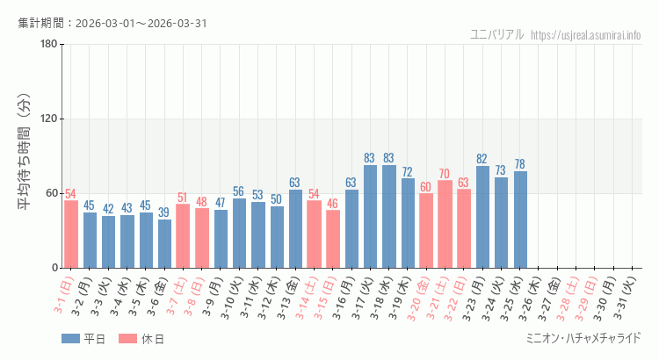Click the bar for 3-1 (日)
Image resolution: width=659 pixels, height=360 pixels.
point(71,234)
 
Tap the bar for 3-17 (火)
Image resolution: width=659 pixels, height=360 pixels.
point(370,216)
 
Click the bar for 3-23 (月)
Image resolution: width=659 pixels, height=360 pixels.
point(482,217)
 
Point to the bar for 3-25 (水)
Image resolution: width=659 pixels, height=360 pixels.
point(520,220)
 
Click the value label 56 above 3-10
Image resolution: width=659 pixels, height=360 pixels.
point(239,191)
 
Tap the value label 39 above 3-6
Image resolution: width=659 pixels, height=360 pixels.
point(164,212)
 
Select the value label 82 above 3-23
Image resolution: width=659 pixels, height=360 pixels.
point(482,159)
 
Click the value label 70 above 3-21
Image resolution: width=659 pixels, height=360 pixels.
point(445,174)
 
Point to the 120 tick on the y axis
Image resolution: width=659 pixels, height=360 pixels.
point(48,119)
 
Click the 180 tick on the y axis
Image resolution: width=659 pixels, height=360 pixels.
point(48,45)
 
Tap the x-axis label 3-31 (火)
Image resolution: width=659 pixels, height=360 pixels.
point(631,299)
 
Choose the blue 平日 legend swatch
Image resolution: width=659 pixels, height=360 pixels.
point(69,338)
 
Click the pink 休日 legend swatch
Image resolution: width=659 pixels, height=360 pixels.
point(127,338)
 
